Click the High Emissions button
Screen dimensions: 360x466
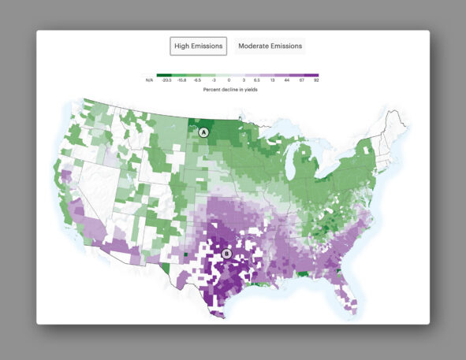tap(199, 46)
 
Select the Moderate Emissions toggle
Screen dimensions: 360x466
tap(270, 46)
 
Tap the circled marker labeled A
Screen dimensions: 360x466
tap(203, 133)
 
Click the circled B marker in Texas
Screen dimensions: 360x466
tap(227, 254)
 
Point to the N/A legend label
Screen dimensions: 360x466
tap(149, 80)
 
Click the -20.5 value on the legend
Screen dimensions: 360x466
tap(166, 80)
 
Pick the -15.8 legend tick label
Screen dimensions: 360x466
tap(181, 80)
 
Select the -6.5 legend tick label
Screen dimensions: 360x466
tap(197, 80)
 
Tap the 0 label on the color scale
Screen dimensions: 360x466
tap(229, 80)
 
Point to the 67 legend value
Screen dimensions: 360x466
tap(301, 80)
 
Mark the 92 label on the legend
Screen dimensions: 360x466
tap(316, 80)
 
